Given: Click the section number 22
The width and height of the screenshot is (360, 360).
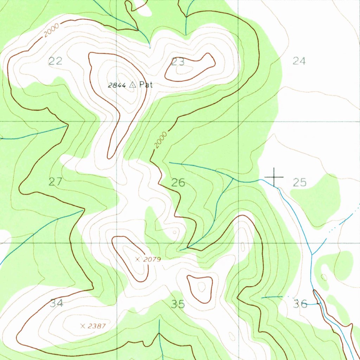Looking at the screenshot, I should coord(56,62).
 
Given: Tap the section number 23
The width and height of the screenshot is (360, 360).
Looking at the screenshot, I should coord(178,62).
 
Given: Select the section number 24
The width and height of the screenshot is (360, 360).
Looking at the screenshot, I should coord(299,61).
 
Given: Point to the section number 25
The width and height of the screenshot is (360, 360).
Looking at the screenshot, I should coord(300,182).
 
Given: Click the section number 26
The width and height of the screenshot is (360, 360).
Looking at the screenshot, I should coord(178,183).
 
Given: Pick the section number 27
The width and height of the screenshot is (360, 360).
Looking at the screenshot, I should coord(56,182).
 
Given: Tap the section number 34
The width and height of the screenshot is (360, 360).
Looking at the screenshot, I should coord(57,303).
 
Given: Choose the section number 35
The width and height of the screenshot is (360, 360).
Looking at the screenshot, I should coord(178,304).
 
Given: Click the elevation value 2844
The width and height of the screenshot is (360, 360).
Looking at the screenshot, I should coord(117,85).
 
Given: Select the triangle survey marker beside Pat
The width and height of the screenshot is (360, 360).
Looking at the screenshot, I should coord(133,85).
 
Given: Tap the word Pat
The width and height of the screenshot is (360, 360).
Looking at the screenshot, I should coord(146,85).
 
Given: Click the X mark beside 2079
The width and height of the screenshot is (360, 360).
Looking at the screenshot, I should coord(138,259).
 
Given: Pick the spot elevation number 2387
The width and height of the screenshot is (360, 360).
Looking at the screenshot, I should coord(97,326).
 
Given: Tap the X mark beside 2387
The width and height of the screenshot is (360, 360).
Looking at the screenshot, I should coord(83,326).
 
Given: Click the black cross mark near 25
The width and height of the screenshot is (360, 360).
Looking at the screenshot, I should coord(274,177).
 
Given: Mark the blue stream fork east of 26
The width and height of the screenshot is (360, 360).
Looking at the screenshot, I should coord(233,178).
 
